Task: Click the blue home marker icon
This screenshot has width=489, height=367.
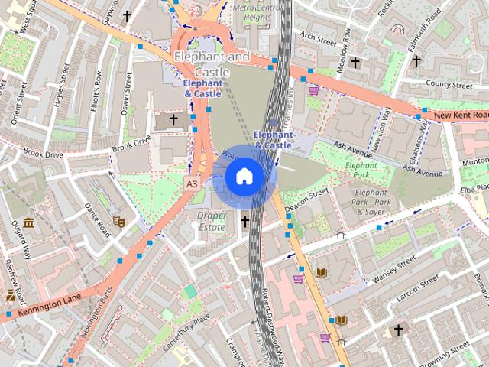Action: point(244,177)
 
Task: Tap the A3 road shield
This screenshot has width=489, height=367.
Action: point(192,183)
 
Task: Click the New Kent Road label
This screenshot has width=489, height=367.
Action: point(460,115)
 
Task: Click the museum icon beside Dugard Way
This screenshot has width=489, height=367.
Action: point(28,223)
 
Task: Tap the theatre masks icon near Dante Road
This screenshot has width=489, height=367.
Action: point(118,221)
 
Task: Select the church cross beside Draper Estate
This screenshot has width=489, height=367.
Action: point(245,222)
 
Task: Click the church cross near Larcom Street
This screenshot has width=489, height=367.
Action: point(398,330)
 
